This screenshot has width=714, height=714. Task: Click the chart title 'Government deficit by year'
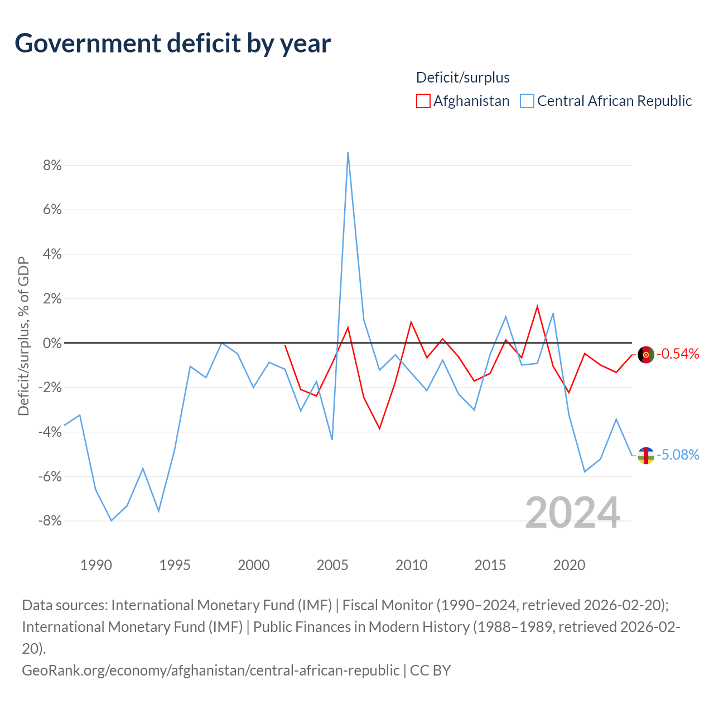(173, 44)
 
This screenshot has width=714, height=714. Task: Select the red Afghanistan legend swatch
(423, 101)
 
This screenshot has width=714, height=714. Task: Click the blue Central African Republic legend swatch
(527, 101)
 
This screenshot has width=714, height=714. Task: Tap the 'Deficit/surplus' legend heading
(463, 78)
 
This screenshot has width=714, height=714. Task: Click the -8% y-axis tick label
(50, 520)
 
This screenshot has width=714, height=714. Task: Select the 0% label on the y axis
(52, 343)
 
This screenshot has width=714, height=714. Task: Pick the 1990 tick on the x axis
(96, 565)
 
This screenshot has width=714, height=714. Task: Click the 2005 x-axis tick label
(332, 565)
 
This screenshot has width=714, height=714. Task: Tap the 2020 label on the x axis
(569, 565)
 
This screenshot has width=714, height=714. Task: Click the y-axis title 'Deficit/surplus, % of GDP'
(23, 336)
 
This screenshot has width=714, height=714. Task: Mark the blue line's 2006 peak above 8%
(348, 152)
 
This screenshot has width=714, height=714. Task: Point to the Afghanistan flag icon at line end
(646, 354)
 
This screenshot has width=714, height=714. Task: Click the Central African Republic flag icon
(646, 455)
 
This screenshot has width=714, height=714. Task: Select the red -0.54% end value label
(678, 354)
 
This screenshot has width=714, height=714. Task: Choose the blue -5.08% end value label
(678, 455)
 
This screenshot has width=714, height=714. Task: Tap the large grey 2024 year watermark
(572, 513)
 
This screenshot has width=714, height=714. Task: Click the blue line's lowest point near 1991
(112, 520)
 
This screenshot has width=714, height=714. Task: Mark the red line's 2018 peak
(537, 306)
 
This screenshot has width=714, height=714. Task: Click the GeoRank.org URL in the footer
(211, 670)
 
